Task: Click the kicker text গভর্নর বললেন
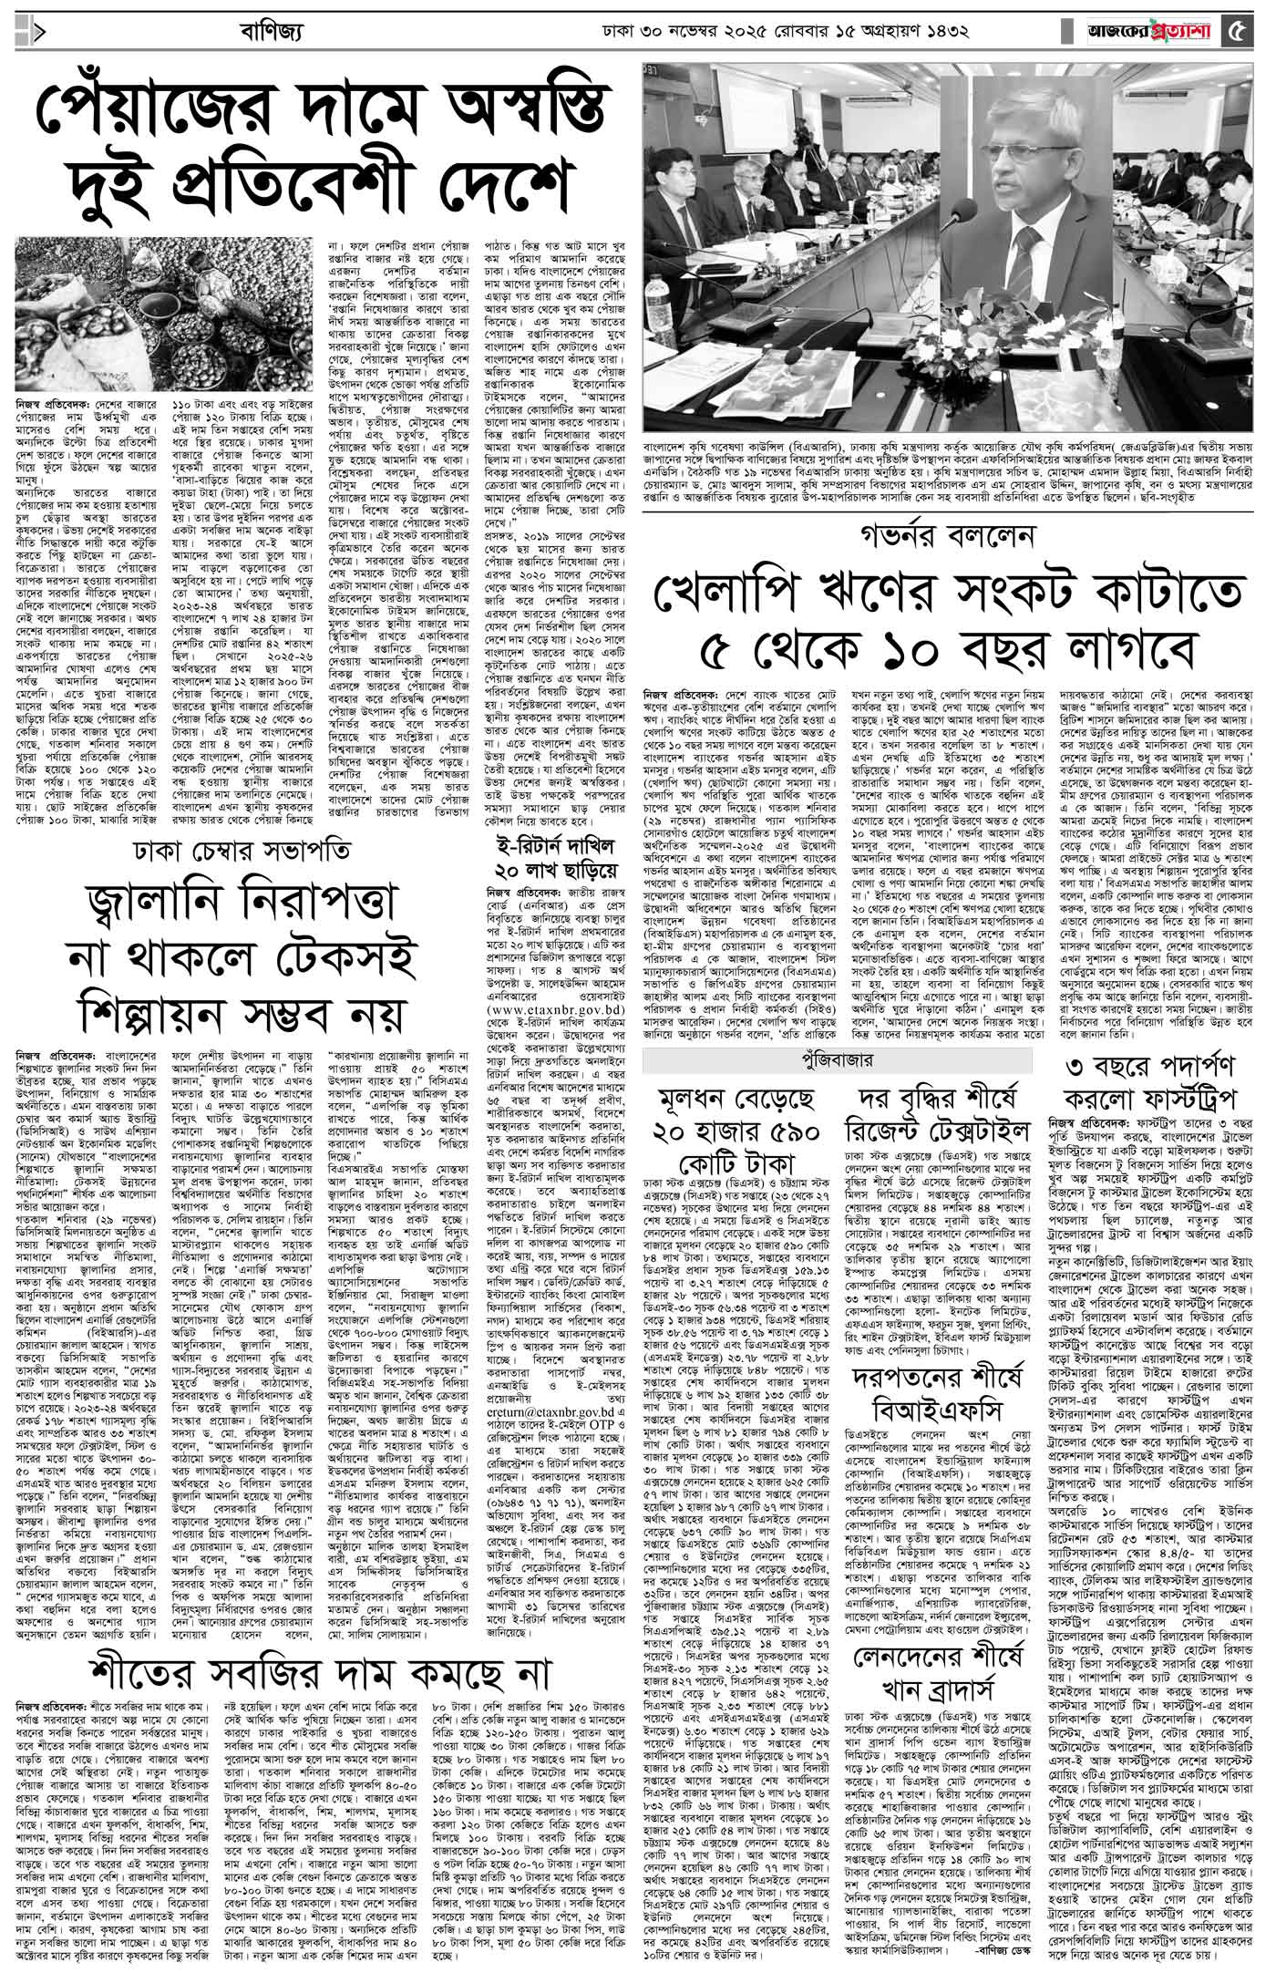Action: (x=943, y=535)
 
